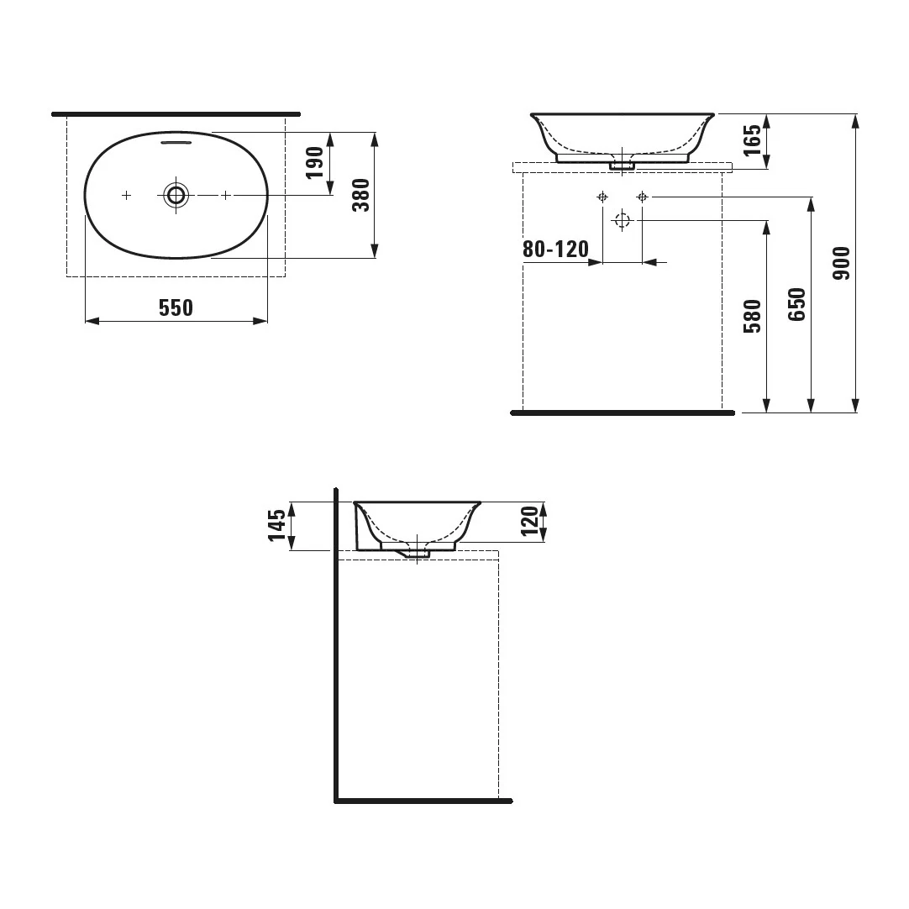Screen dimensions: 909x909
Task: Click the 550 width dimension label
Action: pos(176,307)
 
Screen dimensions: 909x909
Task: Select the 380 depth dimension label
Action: pos(361,196)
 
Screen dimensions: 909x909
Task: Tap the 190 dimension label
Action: pos(315,163)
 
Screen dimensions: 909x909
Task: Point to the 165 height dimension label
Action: pos(752,140)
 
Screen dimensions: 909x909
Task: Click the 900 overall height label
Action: pos(841,263)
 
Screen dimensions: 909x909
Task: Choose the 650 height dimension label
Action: pos(797,304)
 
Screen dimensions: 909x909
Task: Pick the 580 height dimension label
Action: pos(753,316)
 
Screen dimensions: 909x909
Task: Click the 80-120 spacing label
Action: pos(555,250)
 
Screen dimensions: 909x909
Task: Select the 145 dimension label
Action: pos(277,525)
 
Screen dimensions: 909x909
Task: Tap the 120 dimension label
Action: pos(530,521)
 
